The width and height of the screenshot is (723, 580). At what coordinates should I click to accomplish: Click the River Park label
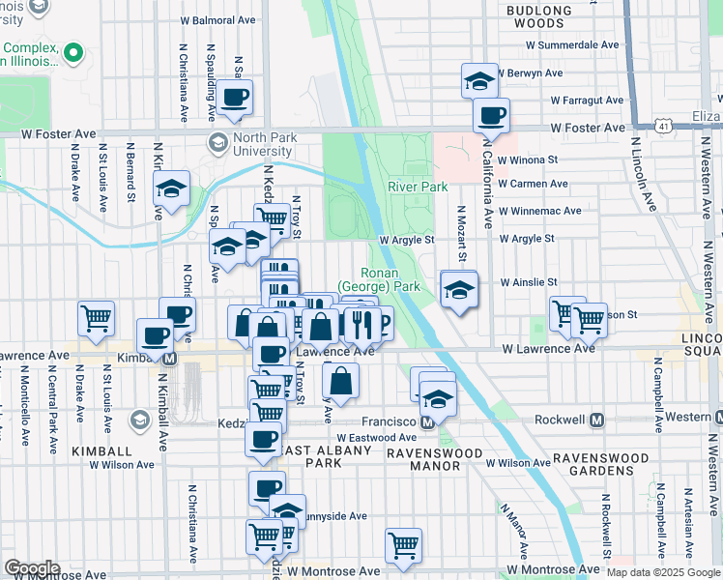418,187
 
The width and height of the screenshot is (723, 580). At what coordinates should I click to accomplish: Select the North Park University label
248,144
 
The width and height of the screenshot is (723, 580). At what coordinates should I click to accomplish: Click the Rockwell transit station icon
596,421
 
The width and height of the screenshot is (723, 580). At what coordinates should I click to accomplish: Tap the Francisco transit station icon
425,422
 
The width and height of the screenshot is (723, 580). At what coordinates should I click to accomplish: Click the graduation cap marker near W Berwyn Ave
478,81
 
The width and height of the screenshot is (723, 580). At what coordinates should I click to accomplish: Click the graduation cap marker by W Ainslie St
458,288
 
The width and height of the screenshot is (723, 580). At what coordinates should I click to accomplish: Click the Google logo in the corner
32,568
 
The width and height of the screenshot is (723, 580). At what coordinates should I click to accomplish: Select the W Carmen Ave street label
532,184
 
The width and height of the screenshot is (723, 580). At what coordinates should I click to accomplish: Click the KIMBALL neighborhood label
100,451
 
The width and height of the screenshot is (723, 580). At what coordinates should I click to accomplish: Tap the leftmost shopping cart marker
96,318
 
